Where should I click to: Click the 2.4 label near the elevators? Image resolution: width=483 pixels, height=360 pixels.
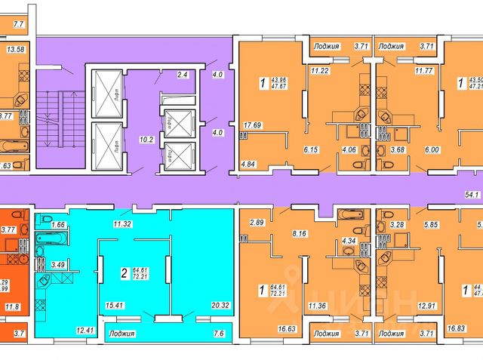182,75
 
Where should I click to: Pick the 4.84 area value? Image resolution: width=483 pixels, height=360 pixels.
250,164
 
